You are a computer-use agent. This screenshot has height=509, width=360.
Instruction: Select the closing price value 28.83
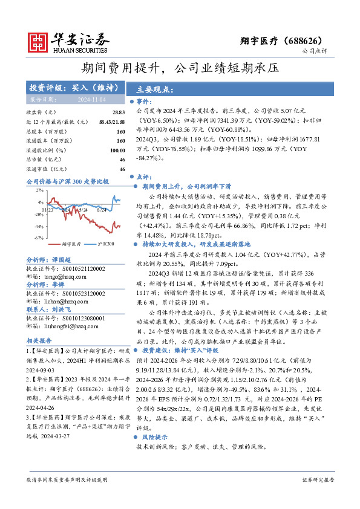pos(118,112)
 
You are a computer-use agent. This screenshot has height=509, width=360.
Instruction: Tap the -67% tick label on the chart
pos(38,238)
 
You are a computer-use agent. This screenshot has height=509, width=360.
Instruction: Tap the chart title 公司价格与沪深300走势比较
pos(67,181)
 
